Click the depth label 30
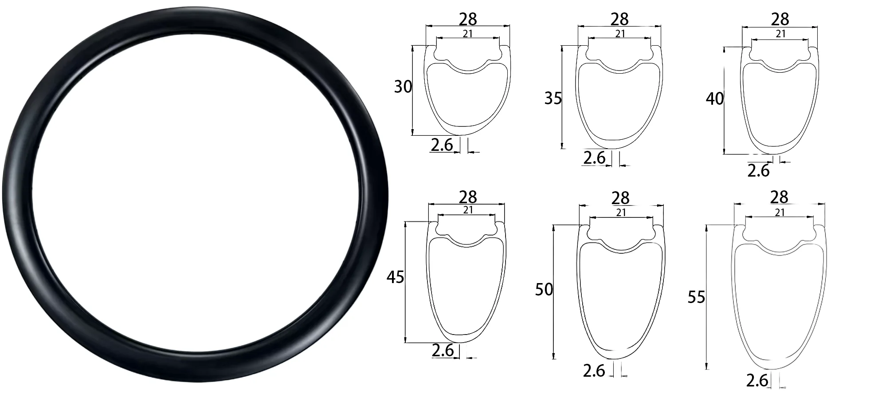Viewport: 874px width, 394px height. (x=403, y=87)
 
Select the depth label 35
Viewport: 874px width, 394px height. (x=553, y=98)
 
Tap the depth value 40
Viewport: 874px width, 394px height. (x=714, y=98)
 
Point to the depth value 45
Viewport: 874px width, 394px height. (x=395, y=277)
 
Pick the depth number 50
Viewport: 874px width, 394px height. (x=544, y=290)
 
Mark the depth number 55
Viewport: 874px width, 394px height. (x=696, y=297)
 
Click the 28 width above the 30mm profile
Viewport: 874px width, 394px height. (x=468, y=19)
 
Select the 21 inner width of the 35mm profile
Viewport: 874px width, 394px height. (x=620, y=34)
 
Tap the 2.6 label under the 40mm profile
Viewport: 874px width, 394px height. (x=758, y=171)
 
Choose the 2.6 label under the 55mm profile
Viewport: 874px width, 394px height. (x=757, y=381)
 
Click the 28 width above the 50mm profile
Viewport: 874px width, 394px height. (x=620, y=198)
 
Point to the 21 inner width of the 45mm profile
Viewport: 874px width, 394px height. (x=468, y=210)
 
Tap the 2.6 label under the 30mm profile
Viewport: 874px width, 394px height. (x=442, y=145)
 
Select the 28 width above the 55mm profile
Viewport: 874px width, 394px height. (x=779, y=197)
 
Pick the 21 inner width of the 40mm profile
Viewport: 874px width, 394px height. (x=780, y=34)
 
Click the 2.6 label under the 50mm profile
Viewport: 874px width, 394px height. (x=594, y=370)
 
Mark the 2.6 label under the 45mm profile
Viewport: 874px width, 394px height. (x=443, y=351)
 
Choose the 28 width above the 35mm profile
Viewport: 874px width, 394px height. (x=619, y=19)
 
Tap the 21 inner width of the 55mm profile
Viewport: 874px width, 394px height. (x=780, y=213)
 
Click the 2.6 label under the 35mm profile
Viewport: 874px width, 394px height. (x=594, y=158)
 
